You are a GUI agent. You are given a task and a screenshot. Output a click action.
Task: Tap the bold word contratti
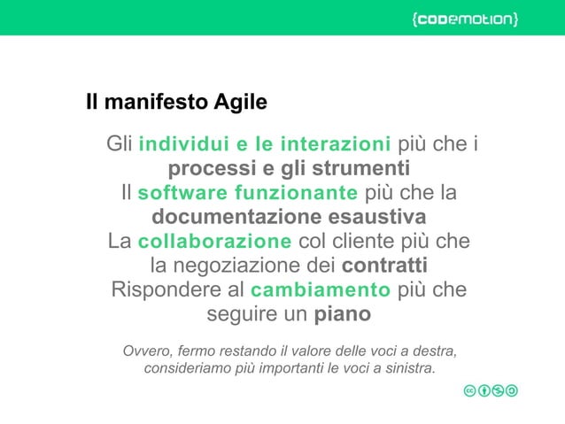[384, 266]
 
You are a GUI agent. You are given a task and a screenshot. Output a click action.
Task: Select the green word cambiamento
[321, 290]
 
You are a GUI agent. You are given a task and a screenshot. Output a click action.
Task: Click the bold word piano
[343, 314]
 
